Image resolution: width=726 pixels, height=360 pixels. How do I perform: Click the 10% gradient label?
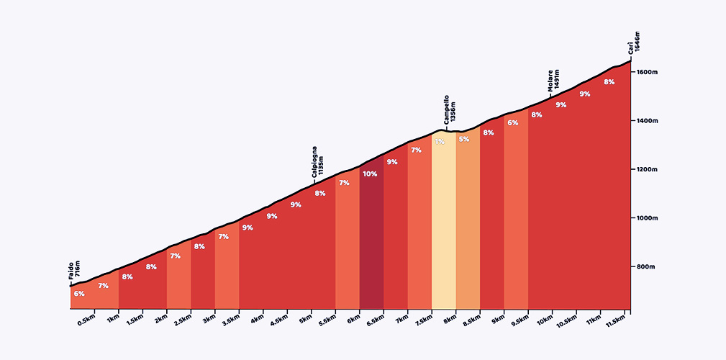point(370,174)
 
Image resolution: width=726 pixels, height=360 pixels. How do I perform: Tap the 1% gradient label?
point(439,142)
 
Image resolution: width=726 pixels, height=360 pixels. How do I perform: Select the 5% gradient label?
point(463,140)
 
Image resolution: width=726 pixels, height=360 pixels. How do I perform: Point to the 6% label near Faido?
point(78,294)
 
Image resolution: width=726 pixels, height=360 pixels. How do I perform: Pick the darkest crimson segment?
point(371,245)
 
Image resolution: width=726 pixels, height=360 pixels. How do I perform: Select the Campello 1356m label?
point(450,110)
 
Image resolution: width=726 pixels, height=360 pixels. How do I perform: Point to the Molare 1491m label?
point(553,82)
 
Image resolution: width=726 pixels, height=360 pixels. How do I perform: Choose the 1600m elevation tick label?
point(648,72)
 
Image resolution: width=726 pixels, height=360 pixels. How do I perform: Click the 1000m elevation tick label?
point(648,218)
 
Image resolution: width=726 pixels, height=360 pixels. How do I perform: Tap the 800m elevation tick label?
point(646,267)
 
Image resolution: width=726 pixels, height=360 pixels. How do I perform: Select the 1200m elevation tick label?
point(648,169)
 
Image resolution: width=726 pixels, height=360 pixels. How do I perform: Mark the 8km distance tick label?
point(450,320)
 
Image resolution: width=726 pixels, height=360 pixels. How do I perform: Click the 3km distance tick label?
point(209,320)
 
